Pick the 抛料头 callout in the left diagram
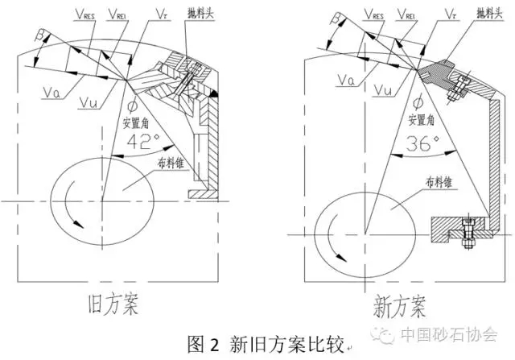tap(200, 14)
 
